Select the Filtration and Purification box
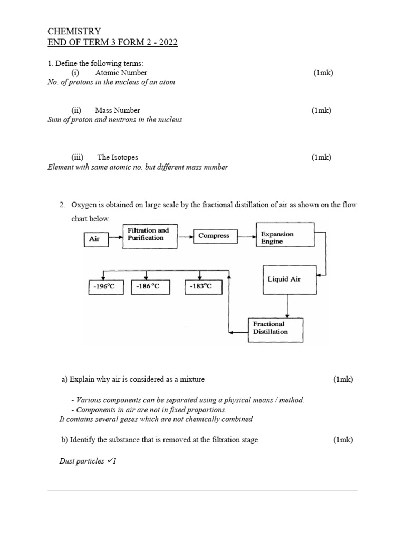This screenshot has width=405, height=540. [150, 235]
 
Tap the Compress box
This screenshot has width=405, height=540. [214, 236]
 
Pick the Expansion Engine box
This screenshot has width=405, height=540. [284, 237]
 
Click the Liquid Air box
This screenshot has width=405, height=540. [288, 279]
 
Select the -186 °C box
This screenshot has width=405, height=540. [146, 287]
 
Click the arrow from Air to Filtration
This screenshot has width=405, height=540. [115, 238]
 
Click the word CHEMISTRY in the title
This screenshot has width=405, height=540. [74, 32]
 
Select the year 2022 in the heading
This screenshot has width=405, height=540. [167, 42]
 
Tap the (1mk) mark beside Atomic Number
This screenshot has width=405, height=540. [323, 73]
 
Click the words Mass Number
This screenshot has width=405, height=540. [117, 110]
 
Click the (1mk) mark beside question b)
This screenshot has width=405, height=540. [343, 440]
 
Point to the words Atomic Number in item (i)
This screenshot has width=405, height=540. [121, 73]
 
